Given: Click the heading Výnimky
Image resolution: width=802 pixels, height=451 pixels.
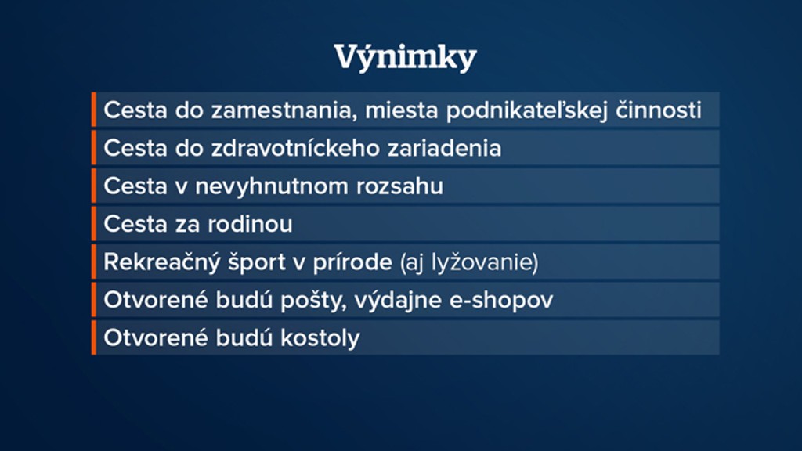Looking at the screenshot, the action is pos(405,57).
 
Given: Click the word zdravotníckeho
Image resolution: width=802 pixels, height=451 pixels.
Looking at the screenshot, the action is pos(295,148).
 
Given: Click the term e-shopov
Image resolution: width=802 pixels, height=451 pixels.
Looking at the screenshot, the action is pos(501,301).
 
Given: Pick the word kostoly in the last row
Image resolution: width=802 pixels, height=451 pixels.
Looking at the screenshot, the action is pos(320,338).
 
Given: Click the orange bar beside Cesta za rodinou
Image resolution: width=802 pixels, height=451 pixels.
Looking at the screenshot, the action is pos(94,224).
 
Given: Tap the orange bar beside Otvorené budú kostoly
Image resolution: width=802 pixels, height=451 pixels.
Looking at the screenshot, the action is pos(94,337).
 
